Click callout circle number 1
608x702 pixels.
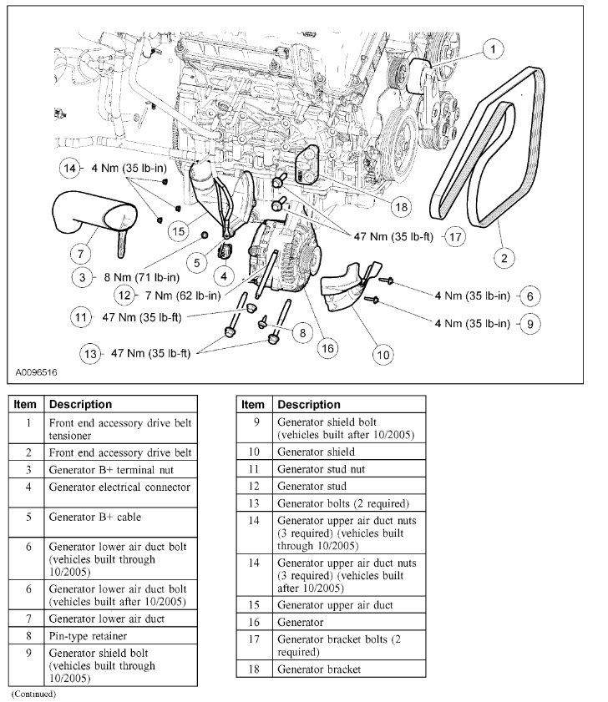coord(495,50)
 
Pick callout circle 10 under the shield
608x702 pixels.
coord(382,355)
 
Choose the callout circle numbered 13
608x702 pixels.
coord(89,353)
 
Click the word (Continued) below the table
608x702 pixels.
coord(33,694)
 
